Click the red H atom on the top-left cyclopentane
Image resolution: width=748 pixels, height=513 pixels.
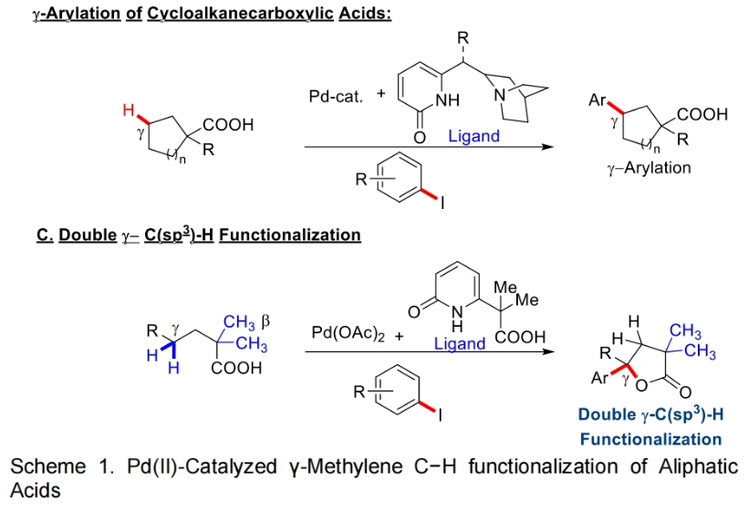130,111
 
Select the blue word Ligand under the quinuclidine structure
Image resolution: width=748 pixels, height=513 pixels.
473,136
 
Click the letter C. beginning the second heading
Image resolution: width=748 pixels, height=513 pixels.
43,235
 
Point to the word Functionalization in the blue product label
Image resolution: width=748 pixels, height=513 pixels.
650,440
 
